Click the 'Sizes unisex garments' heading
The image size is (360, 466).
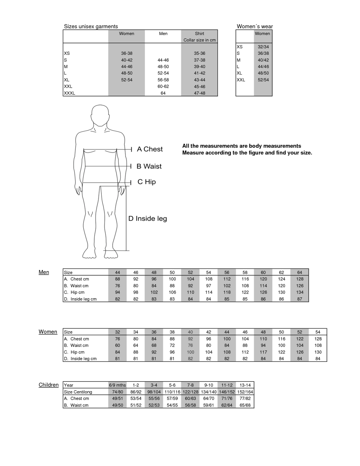click(x=91, y=27)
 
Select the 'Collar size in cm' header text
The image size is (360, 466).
click(x=200, y=40)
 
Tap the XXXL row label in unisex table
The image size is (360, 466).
click(x=70, y=93)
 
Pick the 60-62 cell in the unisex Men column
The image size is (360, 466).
click(x=163, y=87)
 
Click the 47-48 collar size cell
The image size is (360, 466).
click(x=200, y=93)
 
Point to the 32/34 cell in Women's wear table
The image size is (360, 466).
click(x=263, y=47)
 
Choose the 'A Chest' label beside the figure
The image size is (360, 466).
click(x=150, y=149)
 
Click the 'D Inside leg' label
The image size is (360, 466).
click(x=148, y=218)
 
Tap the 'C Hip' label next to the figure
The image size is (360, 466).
click(x=147, y=182)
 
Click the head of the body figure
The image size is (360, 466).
click(x=100, y=115)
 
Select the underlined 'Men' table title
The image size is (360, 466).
click(x=44, y=272)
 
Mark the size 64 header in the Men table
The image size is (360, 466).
click(x=300, y=273)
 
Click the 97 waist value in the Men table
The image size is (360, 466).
click(x=209, y=286)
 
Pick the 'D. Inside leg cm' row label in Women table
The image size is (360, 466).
click(x=80, y=359)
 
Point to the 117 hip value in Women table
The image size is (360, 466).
click(x=263, y=352)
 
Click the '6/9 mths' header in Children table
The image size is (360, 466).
click(x=117, y=385)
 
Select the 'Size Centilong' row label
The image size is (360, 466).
click(x=78, y=392)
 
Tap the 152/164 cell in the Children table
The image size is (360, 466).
click(x=245, y=392)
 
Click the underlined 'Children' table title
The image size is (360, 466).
click(x=49, y=385)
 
